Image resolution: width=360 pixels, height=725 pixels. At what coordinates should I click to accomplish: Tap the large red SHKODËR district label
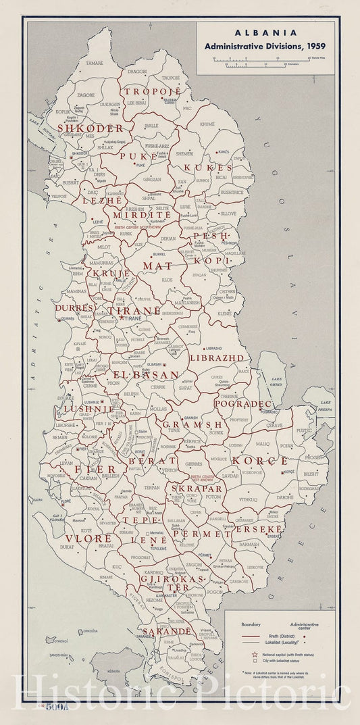point(90,128)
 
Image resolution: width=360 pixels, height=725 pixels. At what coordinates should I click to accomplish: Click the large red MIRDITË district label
point(138,214)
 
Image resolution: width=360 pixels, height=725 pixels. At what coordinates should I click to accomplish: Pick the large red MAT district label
point(157,266)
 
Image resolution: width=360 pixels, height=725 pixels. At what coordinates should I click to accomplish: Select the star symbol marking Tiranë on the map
point(122,318)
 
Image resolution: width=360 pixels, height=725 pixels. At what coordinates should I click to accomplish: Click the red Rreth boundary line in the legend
point(251,636)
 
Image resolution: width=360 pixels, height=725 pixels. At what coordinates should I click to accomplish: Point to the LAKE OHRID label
point(276,381)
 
